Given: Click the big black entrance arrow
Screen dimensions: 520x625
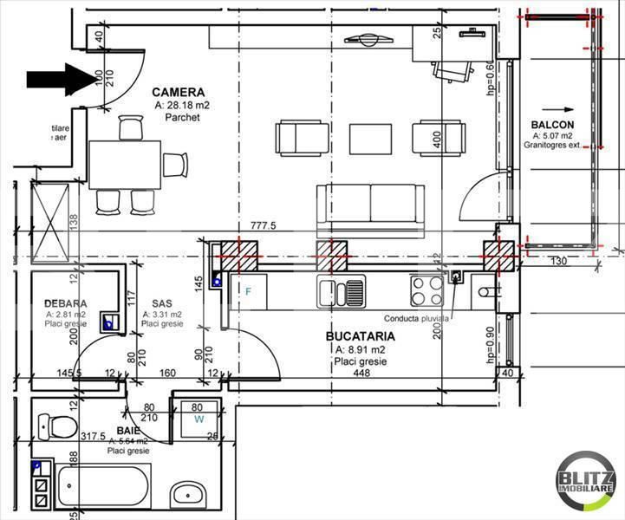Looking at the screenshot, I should (61, 79).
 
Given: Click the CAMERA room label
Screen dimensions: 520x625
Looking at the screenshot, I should (178, 92).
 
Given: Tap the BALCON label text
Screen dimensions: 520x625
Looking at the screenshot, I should (551, 126).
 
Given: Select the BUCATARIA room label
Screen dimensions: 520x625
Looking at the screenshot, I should (360, 335).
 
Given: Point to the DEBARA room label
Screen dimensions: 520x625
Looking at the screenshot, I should (65, 303).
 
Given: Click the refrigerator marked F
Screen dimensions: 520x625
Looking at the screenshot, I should (247, 291).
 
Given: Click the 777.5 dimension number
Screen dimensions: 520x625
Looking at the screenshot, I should (263, 225).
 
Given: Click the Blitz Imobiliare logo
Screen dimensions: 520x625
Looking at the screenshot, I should (585, 482).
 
